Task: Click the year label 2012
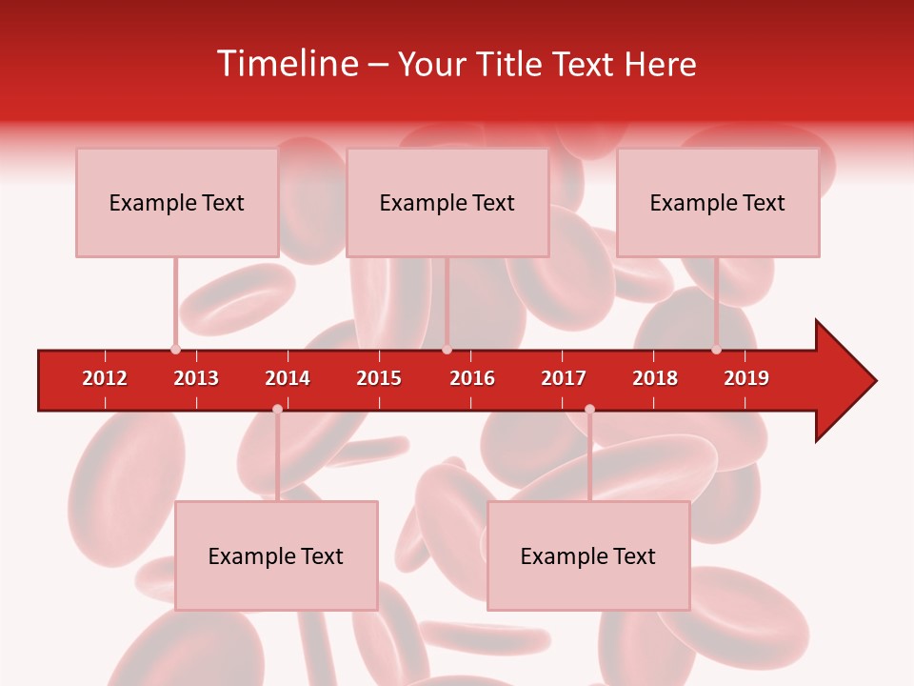click(x=105, y=378)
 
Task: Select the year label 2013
click(x=196, y=378)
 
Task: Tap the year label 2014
click(x=288, y=378)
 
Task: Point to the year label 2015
click(x=379, y=378)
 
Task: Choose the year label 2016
click(x=472, y=378)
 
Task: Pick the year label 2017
click(x=564, y=378)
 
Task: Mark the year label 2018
click(x=655, y=378)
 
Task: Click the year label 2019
click(x=746, y=378)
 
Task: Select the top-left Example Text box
click(x=177, y=203)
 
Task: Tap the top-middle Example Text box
click(x=447, y=203)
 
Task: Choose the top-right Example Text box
click(x=718, y=203)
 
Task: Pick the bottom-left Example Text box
click(x=276, y=556)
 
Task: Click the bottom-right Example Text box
click(x=588, y=556)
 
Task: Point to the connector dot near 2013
click(x=175, y=350)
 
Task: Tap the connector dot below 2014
click(x=277, y=409)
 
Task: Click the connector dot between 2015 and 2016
click(x=447, y=350)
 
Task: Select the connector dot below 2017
click(x=589, y=409)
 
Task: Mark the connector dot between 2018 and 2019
click(x=716, y=350)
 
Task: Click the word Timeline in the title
click(x=287, y=64)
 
